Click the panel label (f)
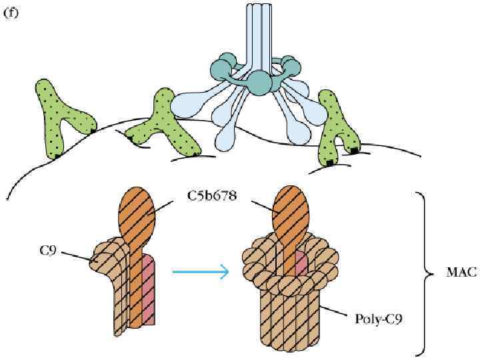tap(13, 11)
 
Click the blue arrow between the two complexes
tap(200, 271)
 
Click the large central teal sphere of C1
tap(259, 83)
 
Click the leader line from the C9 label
tap(74, 256)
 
